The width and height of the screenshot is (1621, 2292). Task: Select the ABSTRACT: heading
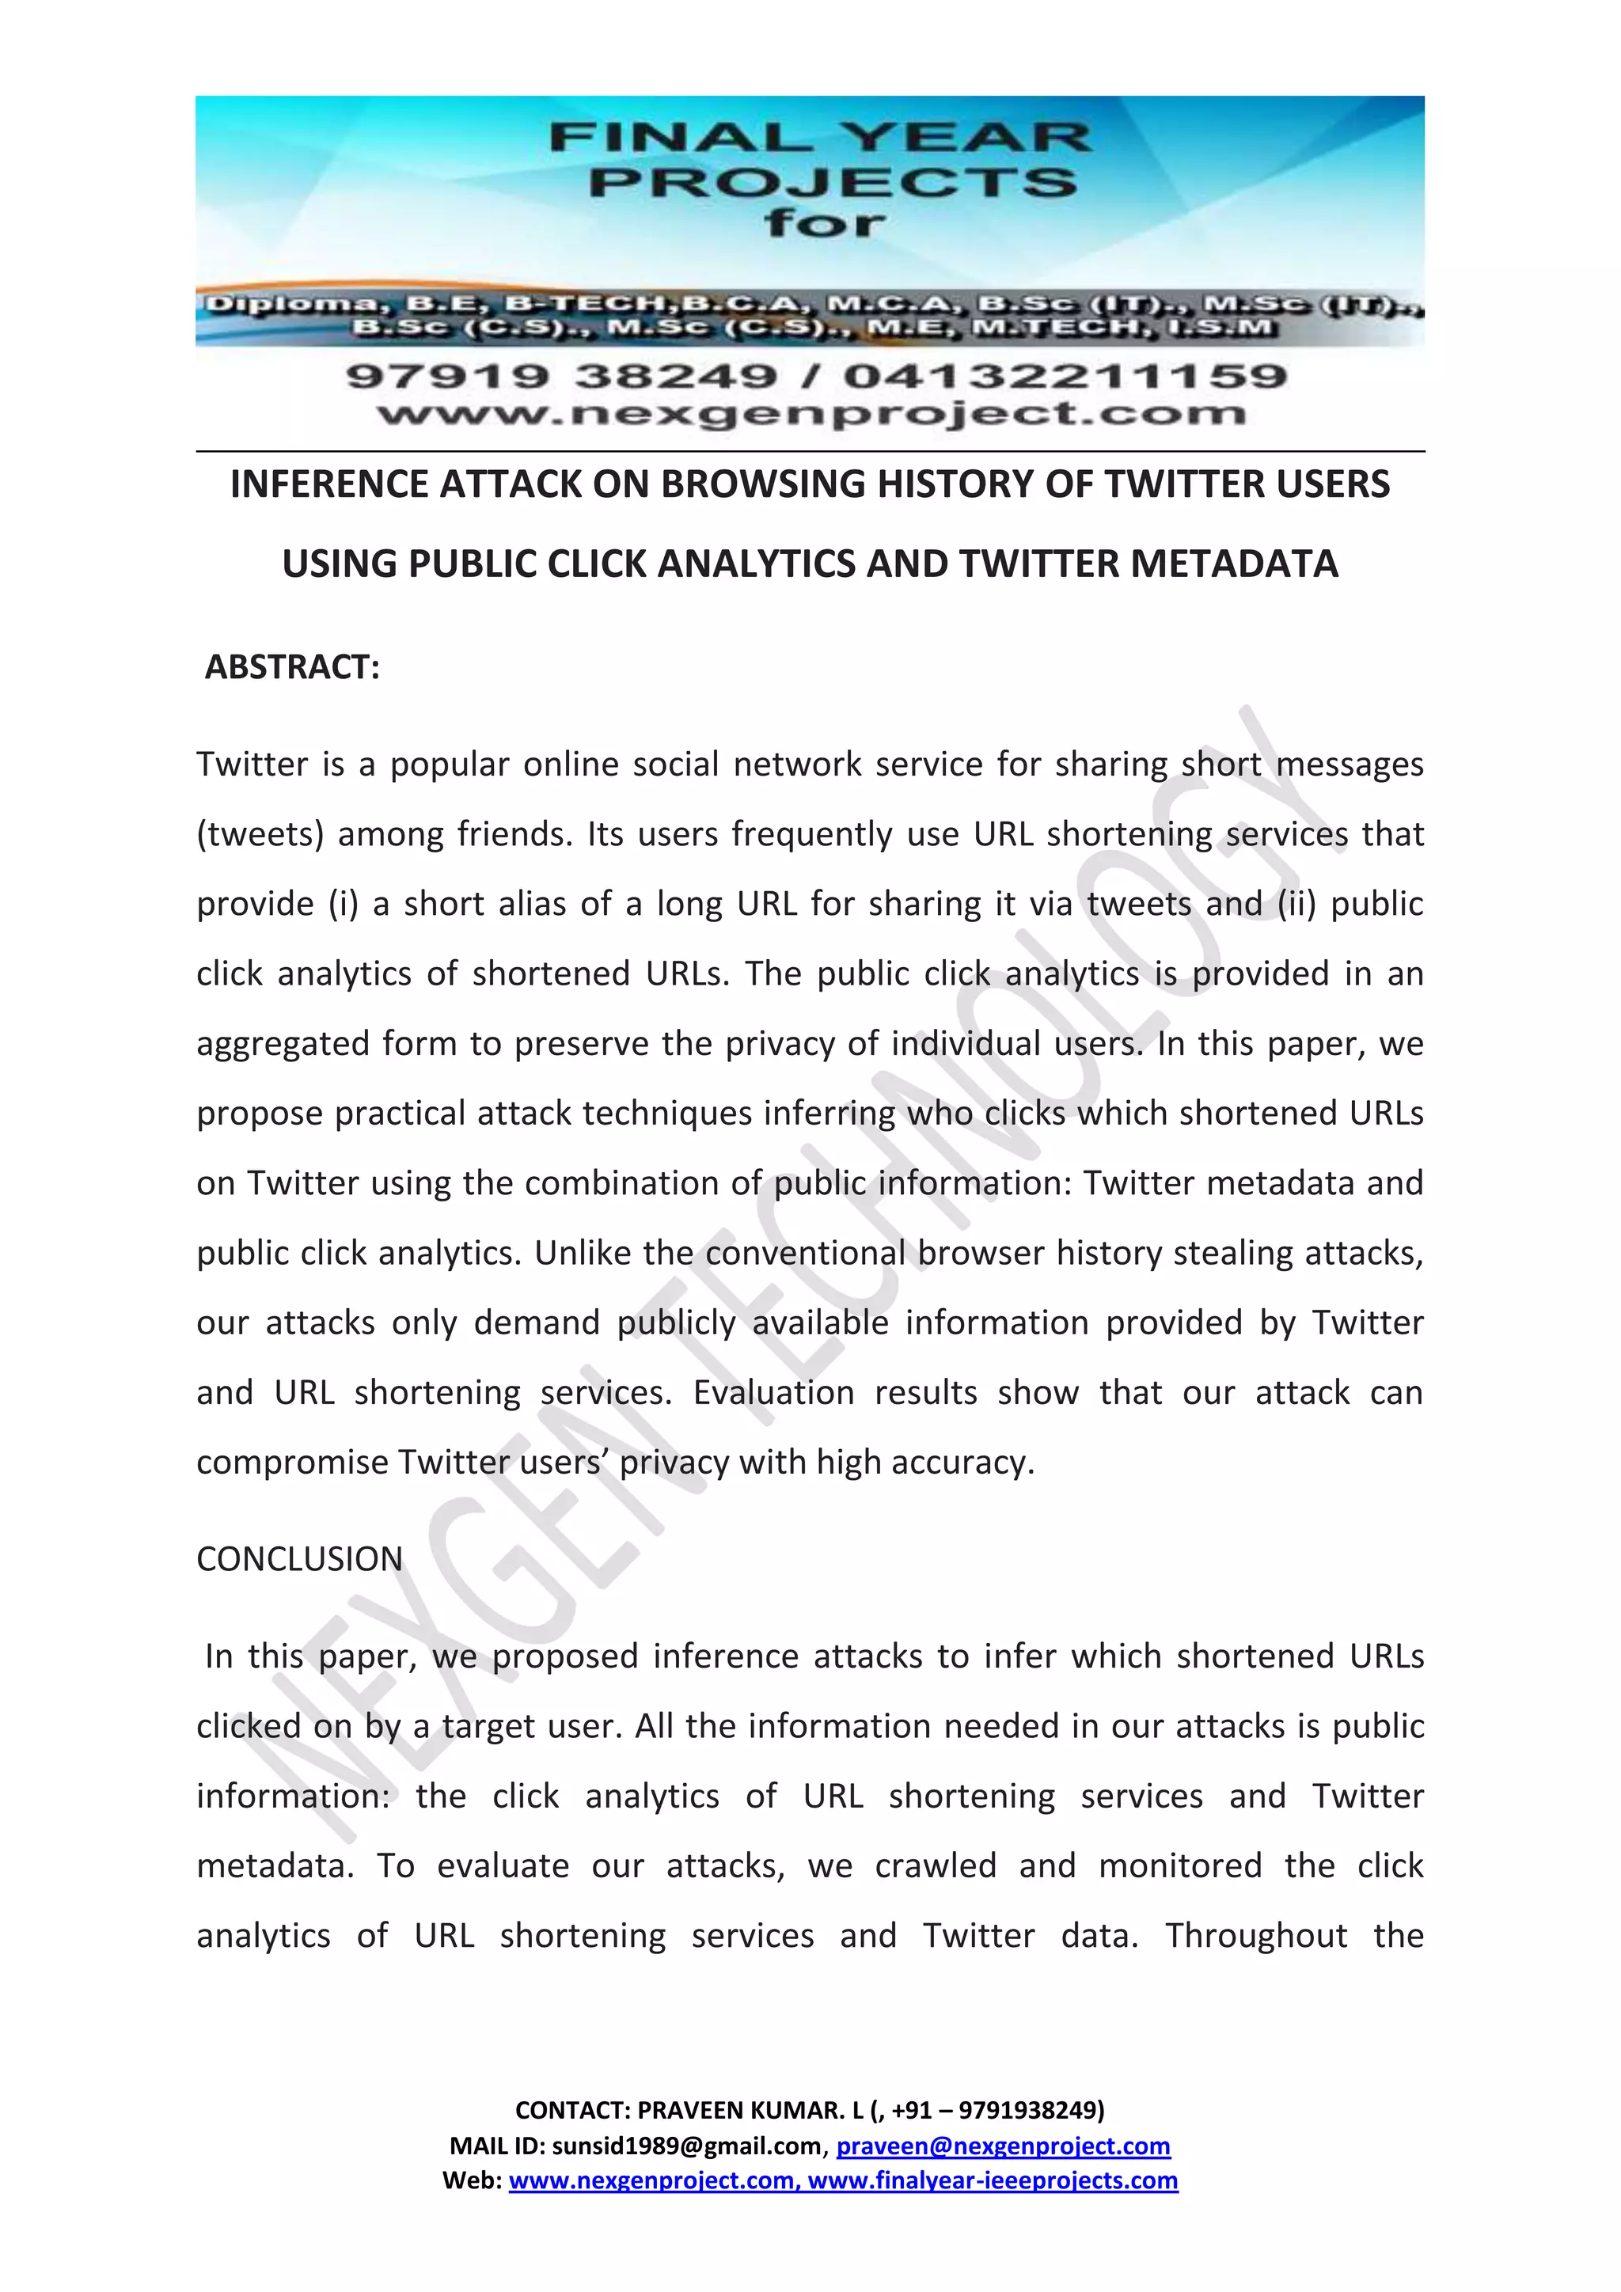291,667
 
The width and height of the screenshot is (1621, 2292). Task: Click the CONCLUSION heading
299,1559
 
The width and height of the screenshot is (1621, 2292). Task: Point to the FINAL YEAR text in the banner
821,138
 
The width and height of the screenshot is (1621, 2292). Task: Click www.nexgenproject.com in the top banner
810,413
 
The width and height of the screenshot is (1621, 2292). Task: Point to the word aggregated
282,1044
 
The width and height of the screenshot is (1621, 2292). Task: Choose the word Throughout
1255,1936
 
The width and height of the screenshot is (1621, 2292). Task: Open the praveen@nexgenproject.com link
1002,2146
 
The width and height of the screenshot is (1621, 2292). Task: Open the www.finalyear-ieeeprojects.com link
993,2180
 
